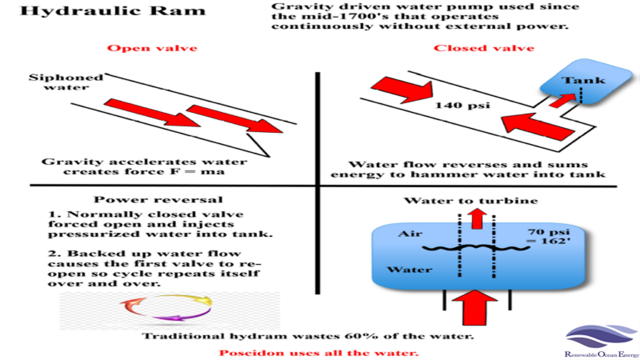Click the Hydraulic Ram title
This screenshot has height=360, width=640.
coord(112,10)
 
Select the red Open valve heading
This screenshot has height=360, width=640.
coord(152,48)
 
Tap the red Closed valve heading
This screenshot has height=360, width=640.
coord(484,48)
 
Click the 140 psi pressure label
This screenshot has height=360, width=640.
coord(462,105)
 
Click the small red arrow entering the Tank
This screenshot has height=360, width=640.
coord(562,100)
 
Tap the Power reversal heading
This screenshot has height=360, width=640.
coord(158,200)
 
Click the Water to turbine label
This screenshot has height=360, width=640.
coord(471,201)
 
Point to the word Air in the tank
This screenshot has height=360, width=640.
coord(410,233)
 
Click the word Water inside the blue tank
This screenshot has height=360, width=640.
coord(410,270)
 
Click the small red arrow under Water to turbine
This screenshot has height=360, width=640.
coord(477,218)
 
